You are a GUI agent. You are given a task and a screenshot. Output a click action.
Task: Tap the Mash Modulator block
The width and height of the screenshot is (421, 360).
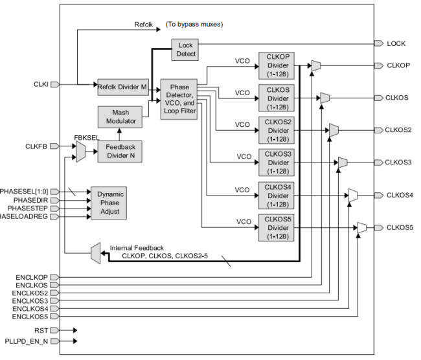click(x=117, y=117)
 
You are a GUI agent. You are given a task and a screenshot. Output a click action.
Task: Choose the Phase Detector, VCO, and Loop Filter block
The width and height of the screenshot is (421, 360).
click(x=179, y=97)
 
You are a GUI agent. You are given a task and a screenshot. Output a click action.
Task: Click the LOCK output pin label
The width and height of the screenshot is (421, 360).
click(x=396, y=43)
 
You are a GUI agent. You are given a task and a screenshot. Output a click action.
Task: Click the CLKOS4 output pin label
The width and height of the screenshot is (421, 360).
click(x=399, y=194)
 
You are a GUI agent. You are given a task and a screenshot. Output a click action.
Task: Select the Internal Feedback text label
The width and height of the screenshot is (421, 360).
click(x=137, y=247)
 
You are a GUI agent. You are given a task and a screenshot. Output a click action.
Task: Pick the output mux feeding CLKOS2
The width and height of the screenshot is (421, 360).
click(x=333, y=130)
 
